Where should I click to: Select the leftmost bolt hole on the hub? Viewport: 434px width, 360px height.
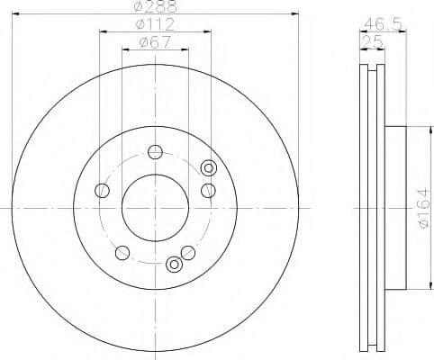coord(103,190)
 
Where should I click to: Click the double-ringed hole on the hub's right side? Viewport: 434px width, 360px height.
coord(209,166)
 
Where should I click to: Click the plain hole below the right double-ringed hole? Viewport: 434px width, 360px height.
coord(208,190)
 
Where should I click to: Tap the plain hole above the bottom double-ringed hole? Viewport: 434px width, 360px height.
coord(187,251)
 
